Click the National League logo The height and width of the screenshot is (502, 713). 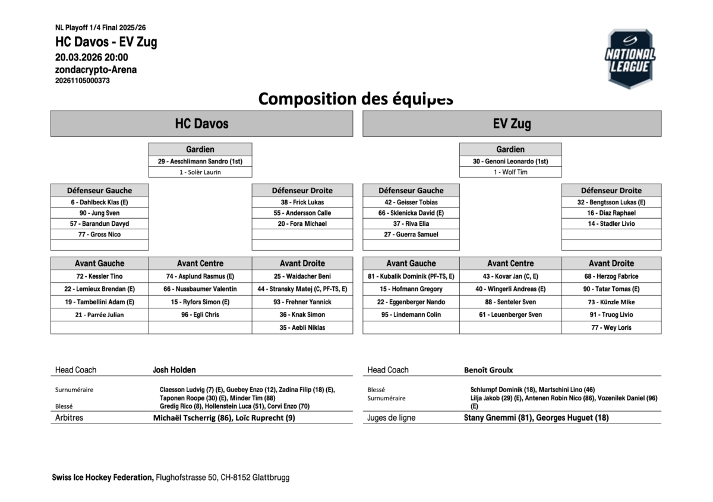[x=630, y=59]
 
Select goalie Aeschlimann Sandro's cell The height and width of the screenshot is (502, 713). [x=200, y=161]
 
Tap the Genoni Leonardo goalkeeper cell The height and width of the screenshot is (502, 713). [x=510, y=161]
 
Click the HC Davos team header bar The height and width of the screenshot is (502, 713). [x=201, y=124]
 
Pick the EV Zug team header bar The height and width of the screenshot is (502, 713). [x=512, y=124]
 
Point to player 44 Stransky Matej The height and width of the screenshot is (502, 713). [x=302, y=289]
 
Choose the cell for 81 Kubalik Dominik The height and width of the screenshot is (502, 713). [x=411, y=276]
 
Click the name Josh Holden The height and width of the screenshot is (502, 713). [x=174, y=370]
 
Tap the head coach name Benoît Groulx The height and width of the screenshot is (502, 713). [x=488, y=370]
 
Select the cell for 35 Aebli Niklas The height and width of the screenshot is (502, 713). [x=302, y=327]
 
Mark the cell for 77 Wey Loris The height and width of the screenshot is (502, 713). [x=611, y=327]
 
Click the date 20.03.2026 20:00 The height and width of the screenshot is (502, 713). [x=92, y=58]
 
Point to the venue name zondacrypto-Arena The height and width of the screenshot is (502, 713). [x=96, y=70]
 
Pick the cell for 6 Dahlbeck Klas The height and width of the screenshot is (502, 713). [x=99, y=202]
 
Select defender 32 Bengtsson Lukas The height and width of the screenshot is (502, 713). [x=611, y=202]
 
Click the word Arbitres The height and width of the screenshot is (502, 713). [x=69, y=418]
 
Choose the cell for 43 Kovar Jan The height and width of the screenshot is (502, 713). [x=510, y=276]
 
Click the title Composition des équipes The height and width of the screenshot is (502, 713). [x=355, y=99]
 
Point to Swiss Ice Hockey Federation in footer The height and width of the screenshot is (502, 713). [x=102, y=477]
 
